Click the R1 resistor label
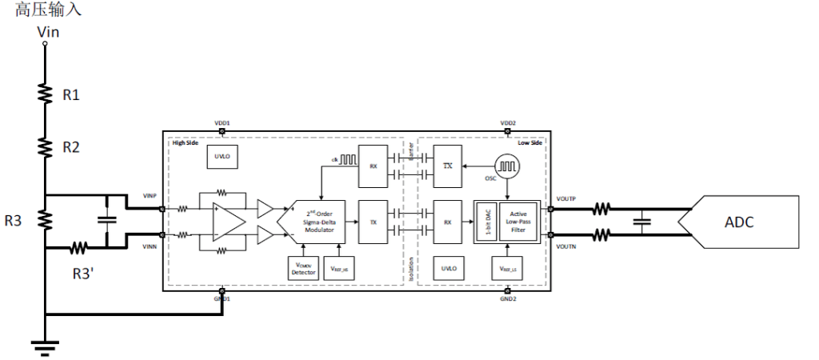pyautogui.click(x=71, y=95)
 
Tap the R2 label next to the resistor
pyautogui.click(x=71, y=147)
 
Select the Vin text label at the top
pyautogui.click(x=48, y=32)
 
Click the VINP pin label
pyautogui.click(x=149, y=196)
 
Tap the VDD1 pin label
pyautogui.click(x=222, y=123)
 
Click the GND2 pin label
pyautogui.click(x=508, y=298)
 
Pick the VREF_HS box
pyautogui.click(x=338, y=269)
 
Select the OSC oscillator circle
pyautogui.click(x=506, y=165)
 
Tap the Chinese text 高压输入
pyautogui.click(x=48, y=11)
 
